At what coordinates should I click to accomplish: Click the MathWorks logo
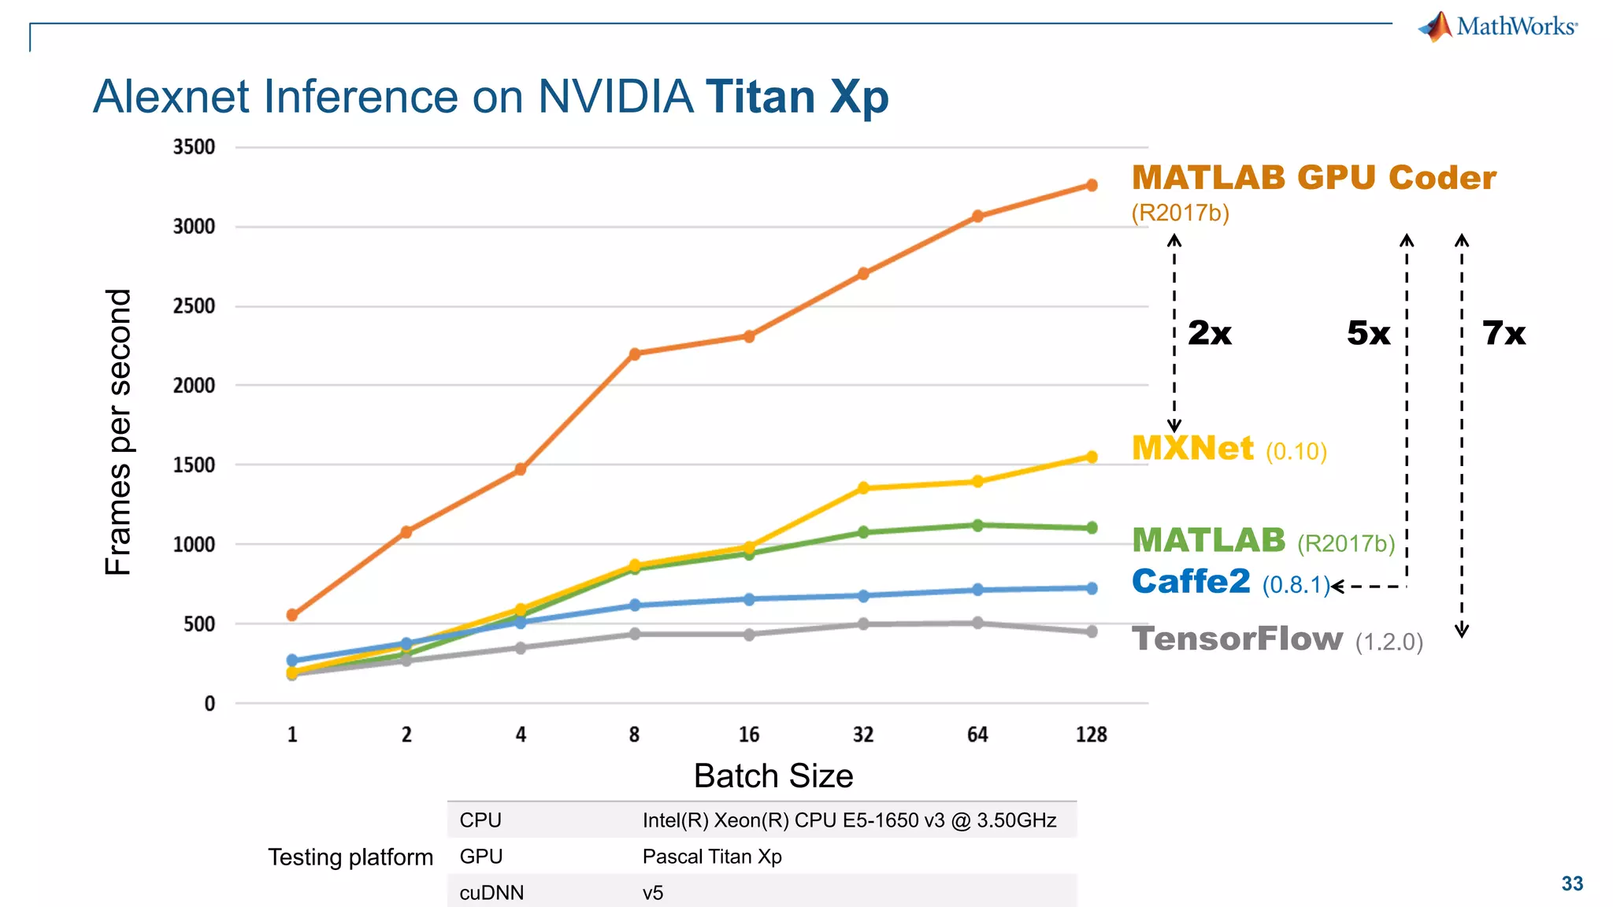pos(1497,27)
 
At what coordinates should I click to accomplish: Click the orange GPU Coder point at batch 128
pos(1092,185)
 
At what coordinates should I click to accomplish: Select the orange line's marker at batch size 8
pos(635,354)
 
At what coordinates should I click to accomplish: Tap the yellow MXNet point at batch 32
pos(863,488)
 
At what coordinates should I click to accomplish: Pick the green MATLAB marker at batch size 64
pos(977,525)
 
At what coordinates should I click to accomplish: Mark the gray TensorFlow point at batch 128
pos(1092,631)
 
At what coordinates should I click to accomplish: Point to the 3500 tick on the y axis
pos(194,147)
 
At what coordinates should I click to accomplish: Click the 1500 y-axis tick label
pos(194,465)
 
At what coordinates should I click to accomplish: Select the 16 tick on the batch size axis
pos(749,735)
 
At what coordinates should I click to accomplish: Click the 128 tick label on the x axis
pos(1092,735)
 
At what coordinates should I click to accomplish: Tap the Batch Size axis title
pos(773,776)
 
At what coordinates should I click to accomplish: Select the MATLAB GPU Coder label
pos(1313,178)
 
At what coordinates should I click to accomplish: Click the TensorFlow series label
pos(1237,639)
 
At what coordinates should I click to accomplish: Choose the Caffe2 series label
pos(1191,582)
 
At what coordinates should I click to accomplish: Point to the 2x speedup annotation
pos(1209,333)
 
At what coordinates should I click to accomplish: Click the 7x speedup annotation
pos(1504,333)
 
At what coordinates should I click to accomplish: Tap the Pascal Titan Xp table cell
pos(711,857)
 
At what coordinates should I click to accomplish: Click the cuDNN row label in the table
pos(491,893)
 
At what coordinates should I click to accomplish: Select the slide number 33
pos(1572,883)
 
